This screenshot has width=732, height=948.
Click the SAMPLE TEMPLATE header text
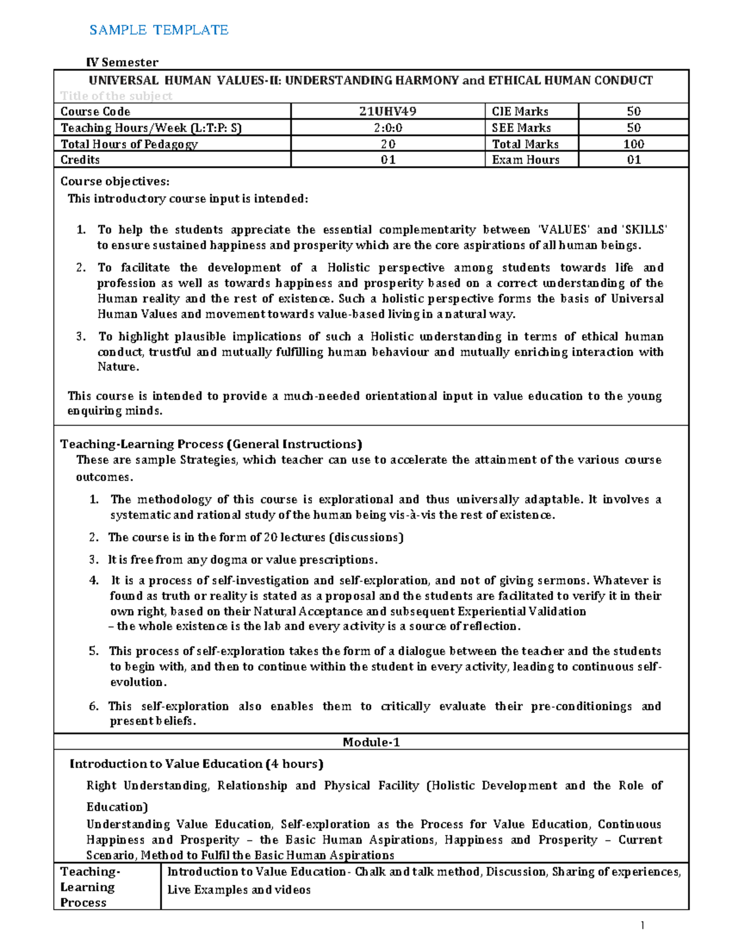(159, 30)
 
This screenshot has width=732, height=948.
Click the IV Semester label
(122, 62)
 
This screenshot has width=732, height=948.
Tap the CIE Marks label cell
(520, 111)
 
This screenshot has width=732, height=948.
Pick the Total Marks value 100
(633, 144)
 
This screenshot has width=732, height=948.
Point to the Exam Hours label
(525, 160)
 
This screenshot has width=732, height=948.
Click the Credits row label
(80, 160)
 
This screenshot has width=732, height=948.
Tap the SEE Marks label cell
(521, 128)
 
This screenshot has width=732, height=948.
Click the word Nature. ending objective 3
(118, 367)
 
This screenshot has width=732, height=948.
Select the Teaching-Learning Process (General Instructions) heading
(211, 444)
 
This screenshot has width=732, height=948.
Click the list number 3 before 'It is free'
(93, 560)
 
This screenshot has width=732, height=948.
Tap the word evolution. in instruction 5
(138, 682)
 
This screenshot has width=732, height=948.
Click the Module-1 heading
(371, 742)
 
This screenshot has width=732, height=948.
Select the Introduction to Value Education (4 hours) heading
(196, 764)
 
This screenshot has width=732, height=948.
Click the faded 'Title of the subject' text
(116, 96)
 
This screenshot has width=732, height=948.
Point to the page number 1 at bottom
(642, 925)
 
